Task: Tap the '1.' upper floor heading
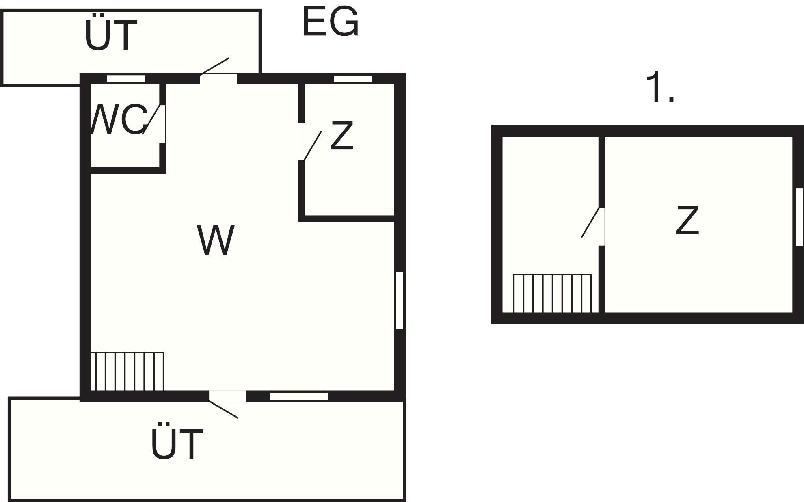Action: (x=659, y=87)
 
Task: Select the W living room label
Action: (x=216, y=240)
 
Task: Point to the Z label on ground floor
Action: (x=341, y=136)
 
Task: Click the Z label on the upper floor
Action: (x=687, y=220)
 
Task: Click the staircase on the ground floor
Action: (x=127, y=371)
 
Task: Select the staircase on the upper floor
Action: (x=552, y=294)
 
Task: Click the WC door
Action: (x=155, y=119)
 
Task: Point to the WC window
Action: (x=126, y=79)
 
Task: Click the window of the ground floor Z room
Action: (x=353, y=79)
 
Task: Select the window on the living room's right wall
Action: (x=400, y=300)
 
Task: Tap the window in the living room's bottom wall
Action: (x=299, y=396)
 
